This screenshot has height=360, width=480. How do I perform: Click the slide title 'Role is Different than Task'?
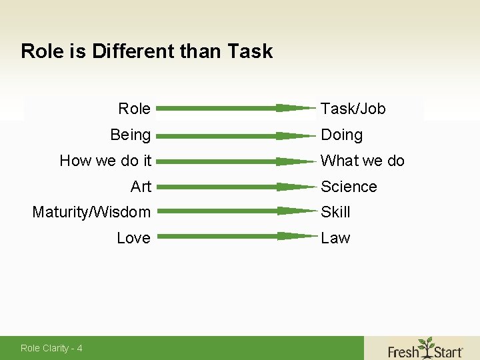(147, 51)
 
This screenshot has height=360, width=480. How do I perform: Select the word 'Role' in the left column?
(134, 109)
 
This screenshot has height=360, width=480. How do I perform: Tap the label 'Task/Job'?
(353, 109)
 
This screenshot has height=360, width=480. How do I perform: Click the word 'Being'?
(131, 135)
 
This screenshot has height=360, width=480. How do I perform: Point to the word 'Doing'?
(342, 135)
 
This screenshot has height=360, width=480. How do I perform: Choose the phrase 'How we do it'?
(105, 161)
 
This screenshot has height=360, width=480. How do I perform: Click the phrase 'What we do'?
(363, 161)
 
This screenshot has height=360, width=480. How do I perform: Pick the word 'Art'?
(141, 187)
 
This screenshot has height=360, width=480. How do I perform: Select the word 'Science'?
(349, 187)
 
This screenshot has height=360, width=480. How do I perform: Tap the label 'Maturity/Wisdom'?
(91, 212)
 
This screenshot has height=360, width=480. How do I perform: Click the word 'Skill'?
(335, 212)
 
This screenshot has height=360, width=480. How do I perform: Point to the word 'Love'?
(133, 238)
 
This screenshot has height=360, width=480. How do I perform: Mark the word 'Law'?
(335, 238)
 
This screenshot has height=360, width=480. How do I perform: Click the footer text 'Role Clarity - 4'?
(51, 348)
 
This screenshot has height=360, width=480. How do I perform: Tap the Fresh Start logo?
(425, 348)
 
